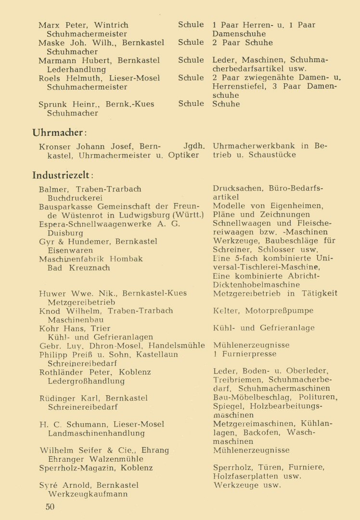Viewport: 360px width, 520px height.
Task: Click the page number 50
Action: click(x=50, y=507)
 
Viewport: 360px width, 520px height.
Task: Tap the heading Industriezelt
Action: click(x=63, y=175)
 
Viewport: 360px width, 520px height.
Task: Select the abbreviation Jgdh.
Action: click(x=194, y=146)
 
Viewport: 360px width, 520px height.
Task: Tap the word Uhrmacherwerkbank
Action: click(x=255, y=146)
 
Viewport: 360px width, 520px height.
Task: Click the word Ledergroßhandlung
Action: click(x=86, y=381)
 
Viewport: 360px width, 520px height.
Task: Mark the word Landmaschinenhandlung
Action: click(x=96, y=433)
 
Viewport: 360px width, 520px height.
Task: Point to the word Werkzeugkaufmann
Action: click(x=88, y=494)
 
